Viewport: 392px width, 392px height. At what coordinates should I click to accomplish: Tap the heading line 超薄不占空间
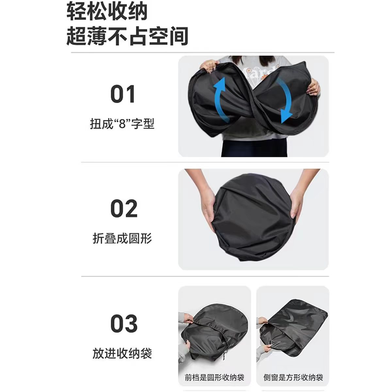pos(127,36)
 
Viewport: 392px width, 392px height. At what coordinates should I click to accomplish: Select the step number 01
pos(123,94)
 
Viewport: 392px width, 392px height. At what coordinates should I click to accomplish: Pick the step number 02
pos(124,208)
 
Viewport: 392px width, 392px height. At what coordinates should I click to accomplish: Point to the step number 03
pos(124,323)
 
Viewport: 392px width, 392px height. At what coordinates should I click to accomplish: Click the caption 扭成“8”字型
pos(122,124)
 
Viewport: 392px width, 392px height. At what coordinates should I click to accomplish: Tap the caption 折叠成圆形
pos(122,238)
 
